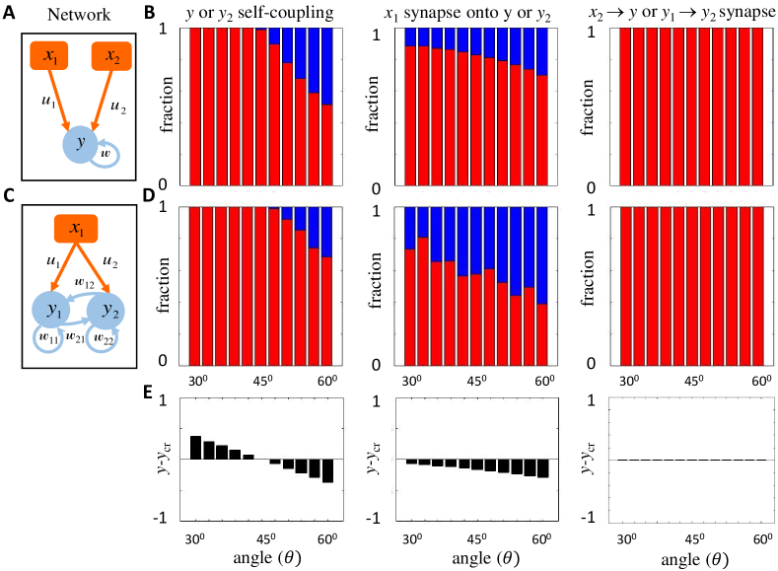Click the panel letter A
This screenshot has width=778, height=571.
click(9, 13)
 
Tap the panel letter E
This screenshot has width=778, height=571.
click(150, 393)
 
